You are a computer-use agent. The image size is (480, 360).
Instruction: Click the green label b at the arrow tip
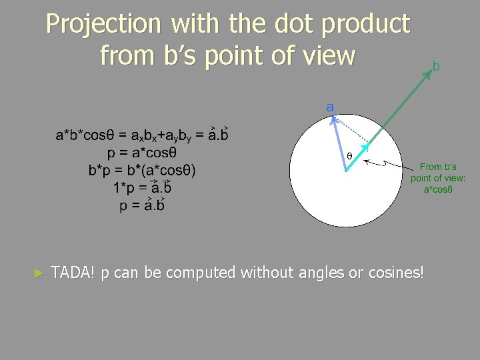(436, 66)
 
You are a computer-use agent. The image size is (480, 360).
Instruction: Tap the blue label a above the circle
(330, 106)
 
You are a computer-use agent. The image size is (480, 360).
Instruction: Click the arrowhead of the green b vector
(429, 75)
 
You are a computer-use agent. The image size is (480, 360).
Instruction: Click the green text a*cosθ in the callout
(438, 189)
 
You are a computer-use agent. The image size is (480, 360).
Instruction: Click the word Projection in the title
(104, 25)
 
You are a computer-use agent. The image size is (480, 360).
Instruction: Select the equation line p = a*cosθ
(142, 153)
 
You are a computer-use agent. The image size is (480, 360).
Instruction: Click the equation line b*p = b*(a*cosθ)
(142, 170)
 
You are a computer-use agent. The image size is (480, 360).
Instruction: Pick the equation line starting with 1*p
(142, 187)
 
